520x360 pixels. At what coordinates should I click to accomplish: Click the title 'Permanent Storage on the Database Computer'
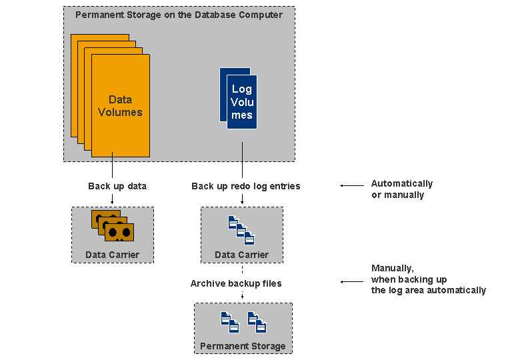(x=179, y=15)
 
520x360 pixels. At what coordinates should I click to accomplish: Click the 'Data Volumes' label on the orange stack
(x=120, y=106)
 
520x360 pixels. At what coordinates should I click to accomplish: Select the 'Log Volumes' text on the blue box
(x=242, y=102)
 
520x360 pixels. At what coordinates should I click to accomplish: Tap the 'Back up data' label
(x=117, y=186)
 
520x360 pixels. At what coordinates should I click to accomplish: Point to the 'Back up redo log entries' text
(x=245, y=186)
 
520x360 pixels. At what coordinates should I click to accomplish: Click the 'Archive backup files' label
(x=236, y=283)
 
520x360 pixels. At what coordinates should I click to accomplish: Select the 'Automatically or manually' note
(x=402, y=189)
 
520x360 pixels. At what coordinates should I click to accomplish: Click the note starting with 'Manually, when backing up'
(x=428, y=279)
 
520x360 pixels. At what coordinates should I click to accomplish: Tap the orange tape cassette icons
(x=112, y=226)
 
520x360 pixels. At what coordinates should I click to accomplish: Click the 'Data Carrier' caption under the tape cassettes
(x=112, y=255)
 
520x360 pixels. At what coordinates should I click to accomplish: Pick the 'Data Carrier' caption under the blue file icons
(x=241, y=255)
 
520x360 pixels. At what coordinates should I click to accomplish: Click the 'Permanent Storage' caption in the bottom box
(x=243, y=346)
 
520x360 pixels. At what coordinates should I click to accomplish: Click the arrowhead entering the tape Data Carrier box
(x=112, y=201)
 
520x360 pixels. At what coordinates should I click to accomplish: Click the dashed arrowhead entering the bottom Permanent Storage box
(x=242, y=297)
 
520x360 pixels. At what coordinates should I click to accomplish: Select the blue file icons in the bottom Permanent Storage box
(x=243, y=322)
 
